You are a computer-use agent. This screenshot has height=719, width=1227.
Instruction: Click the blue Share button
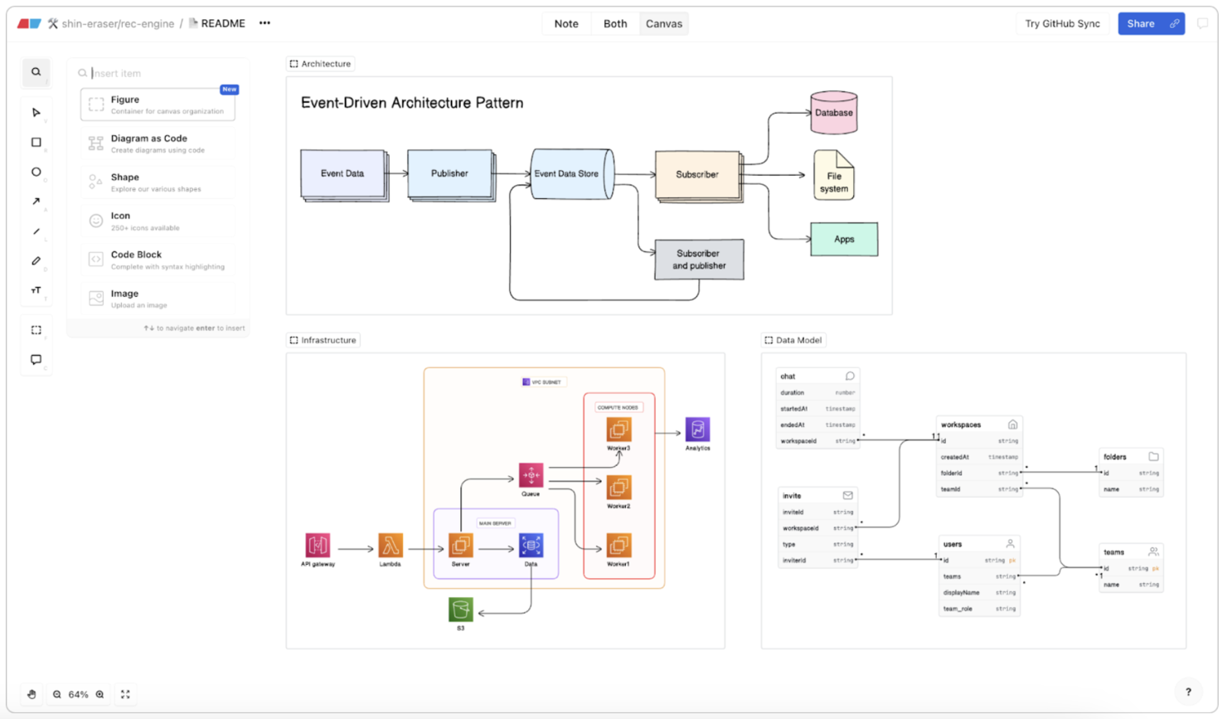(1141, 23)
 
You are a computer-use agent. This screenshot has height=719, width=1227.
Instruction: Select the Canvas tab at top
(663, 23)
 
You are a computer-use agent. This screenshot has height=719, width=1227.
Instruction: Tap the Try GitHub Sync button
(1062, 23)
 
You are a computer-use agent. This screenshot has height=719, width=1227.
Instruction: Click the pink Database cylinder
(833, 114)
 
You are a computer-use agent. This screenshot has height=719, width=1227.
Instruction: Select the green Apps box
(844, 239)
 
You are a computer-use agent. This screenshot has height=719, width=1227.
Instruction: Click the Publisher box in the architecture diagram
(449, 173)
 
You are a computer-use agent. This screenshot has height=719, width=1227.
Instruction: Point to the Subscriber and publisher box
(699, 260)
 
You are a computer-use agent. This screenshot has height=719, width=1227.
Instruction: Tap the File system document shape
(833, 176)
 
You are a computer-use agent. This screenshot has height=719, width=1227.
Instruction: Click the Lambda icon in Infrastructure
(390, 546)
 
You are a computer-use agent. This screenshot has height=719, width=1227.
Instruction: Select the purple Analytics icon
(697, 430)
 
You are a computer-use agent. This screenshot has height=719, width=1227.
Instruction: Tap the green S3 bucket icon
(461, 610)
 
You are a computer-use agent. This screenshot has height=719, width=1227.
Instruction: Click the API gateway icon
(318, 546)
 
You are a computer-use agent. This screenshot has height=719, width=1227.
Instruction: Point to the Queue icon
(531, 475)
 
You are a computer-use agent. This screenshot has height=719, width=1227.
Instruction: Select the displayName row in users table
(978, 593)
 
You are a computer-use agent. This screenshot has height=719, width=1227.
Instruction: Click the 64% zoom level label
(78, 694)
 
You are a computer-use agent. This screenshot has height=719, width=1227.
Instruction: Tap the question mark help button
(1188, 692)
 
